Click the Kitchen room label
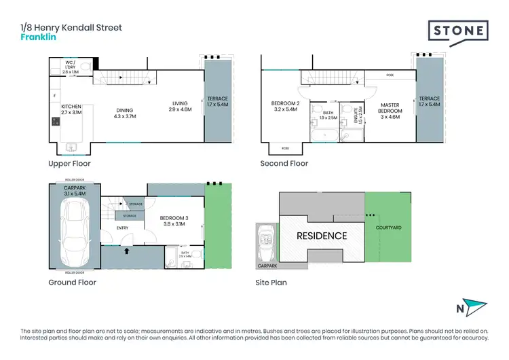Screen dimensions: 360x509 71,110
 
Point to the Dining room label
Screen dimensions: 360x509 124,113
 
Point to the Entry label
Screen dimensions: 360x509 122,228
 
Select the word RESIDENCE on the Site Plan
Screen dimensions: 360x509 321,236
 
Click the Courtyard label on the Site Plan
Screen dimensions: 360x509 390,228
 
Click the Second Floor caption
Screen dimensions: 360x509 284,164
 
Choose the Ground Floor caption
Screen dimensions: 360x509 73,283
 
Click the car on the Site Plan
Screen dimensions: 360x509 265,243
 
